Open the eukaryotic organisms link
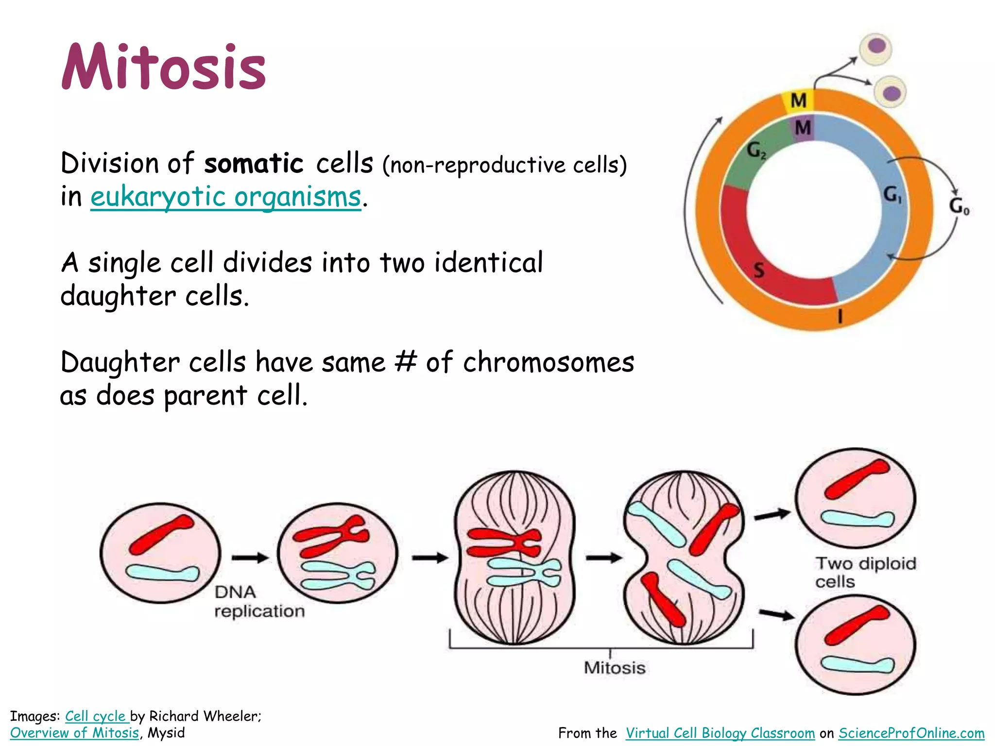click(226, 197)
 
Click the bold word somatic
click(254, 163)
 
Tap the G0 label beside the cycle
click(959, 206)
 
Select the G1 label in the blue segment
click(892, 195)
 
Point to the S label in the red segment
click(759, 270)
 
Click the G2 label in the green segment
click(756, 150)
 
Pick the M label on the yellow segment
click(799, 101)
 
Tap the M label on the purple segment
click(803, 128)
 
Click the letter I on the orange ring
click(840, 317)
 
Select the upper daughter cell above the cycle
click(876, 49)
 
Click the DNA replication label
click(259, 601)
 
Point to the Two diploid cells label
click(865, 572)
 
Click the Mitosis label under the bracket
click(615, 668)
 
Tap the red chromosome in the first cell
click(162, 534)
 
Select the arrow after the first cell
click(250, 558)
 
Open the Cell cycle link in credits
click(96, 716)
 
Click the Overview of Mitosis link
click(74, 732)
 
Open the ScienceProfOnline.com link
click(911, 733)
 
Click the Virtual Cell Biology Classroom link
click(720, 733)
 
